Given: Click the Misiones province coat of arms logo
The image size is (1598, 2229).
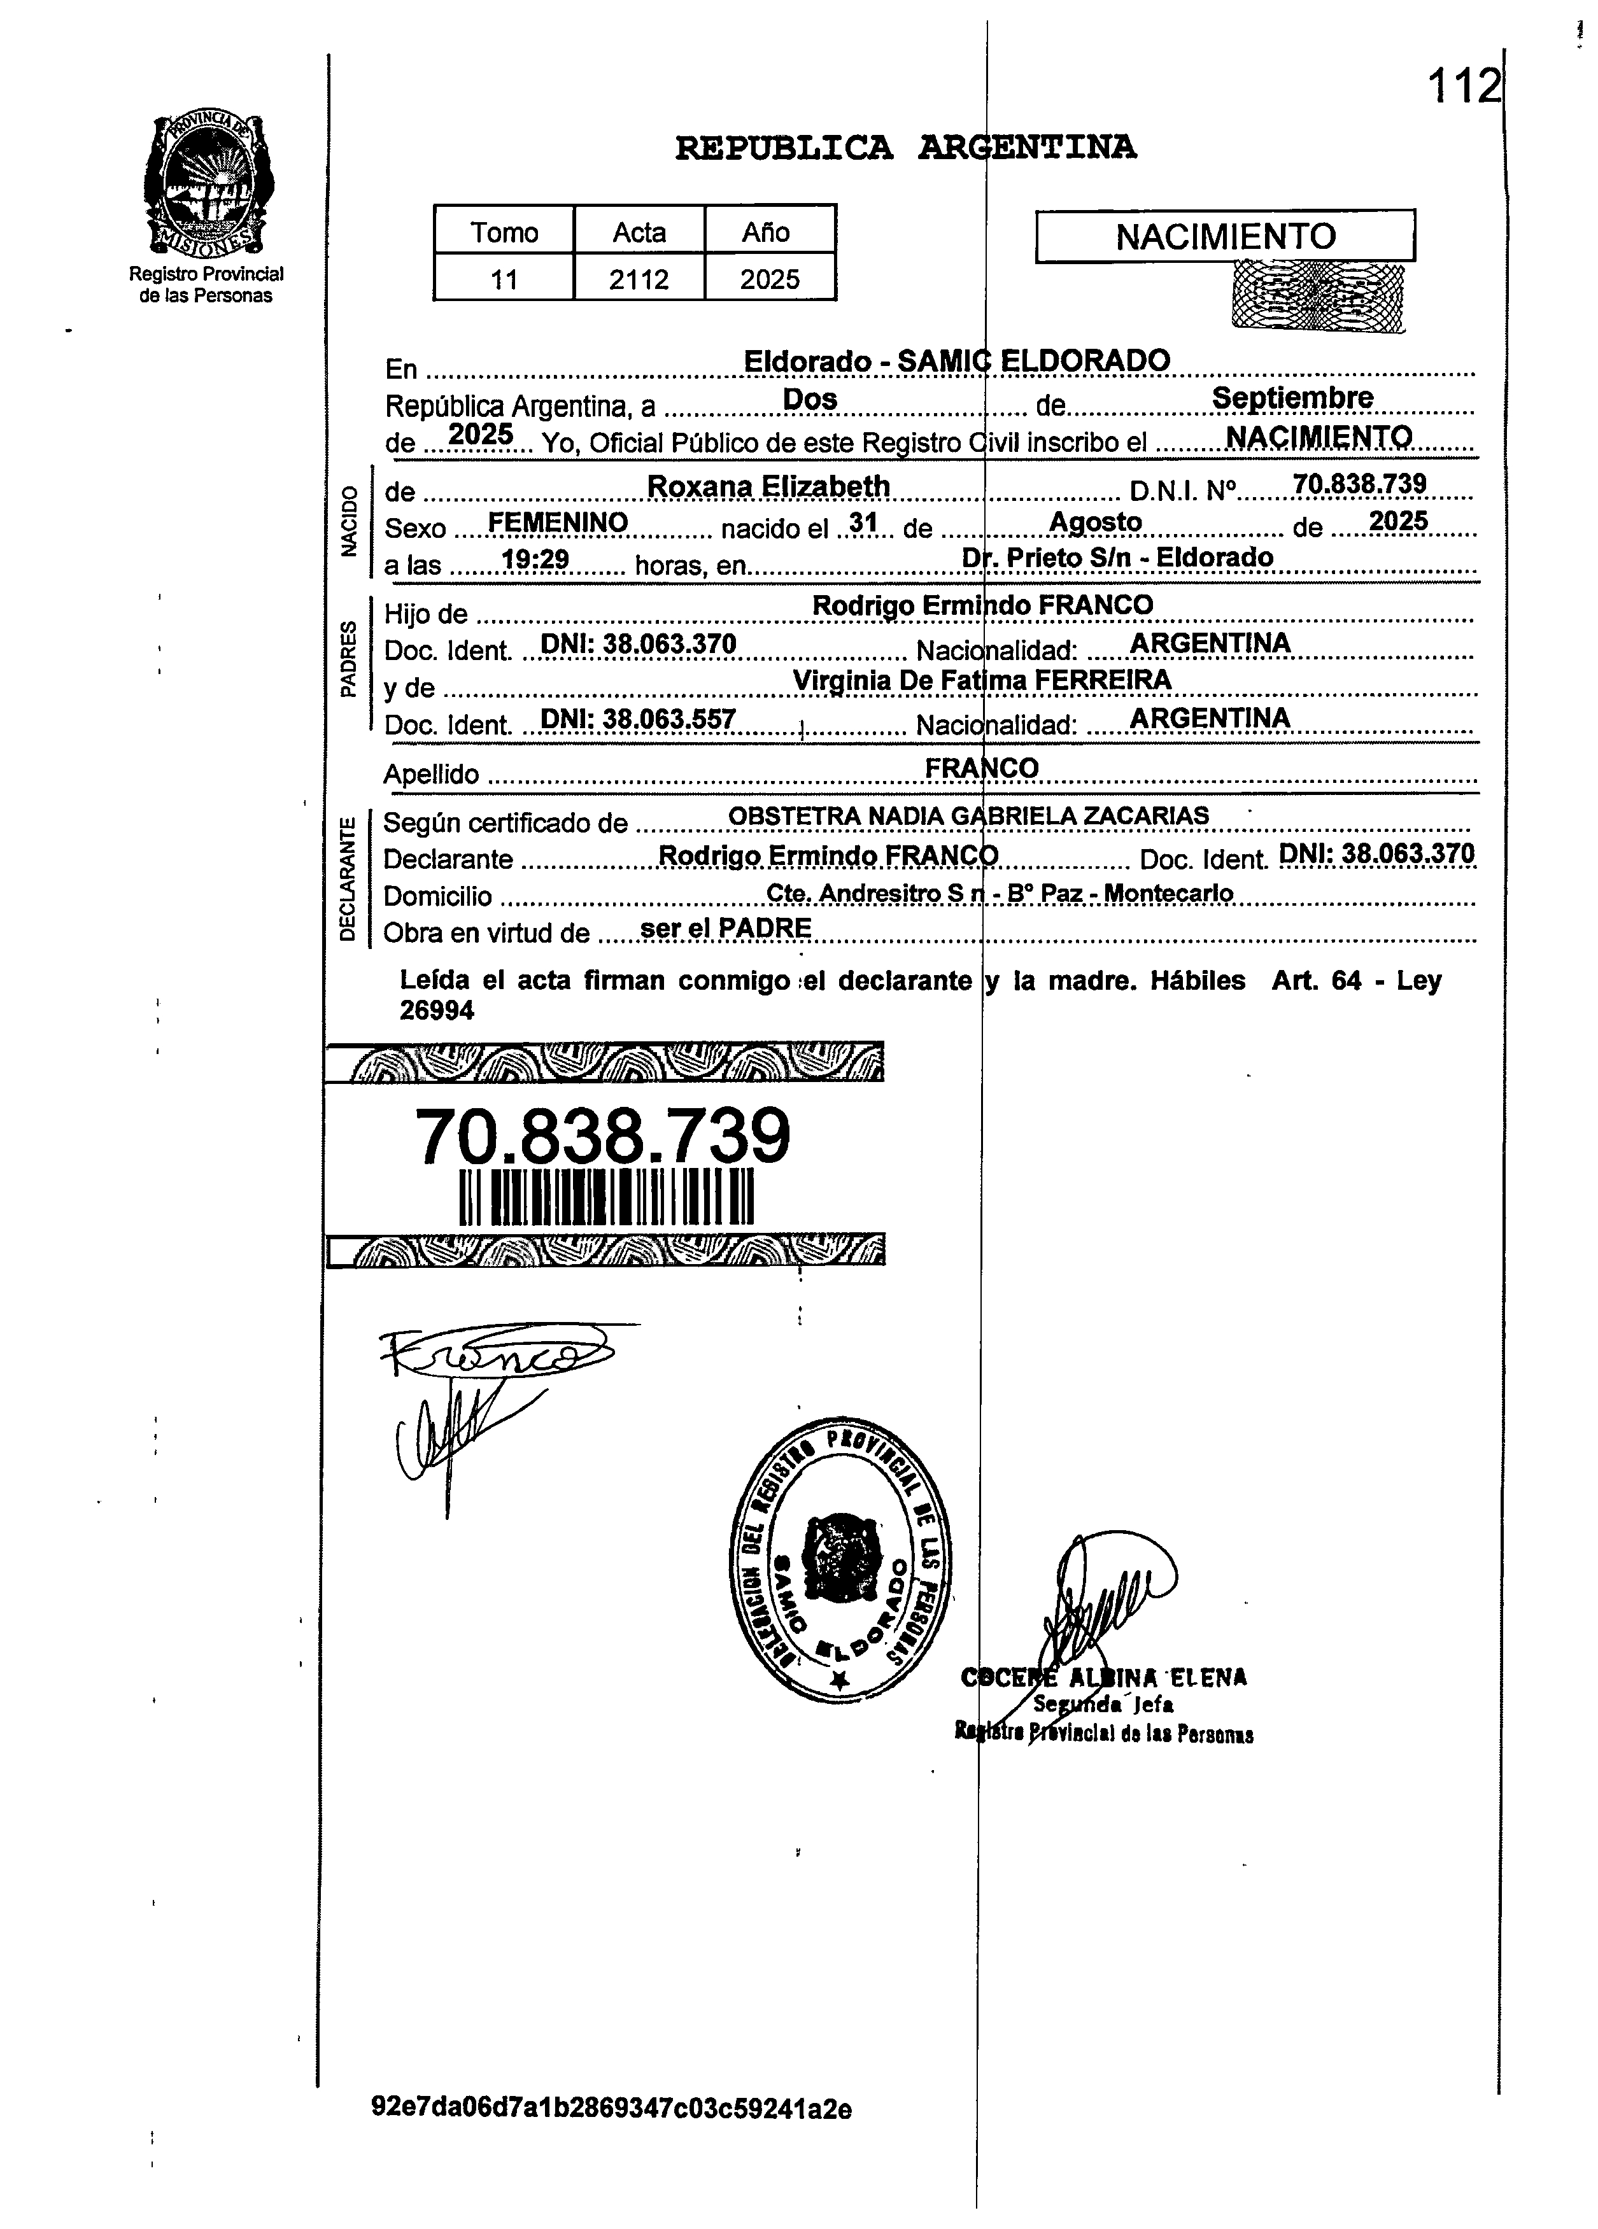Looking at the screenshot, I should point(206,184).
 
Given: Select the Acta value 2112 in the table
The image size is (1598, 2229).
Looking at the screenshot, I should point(639,280).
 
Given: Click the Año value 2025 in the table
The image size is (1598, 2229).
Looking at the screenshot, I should point(770,280).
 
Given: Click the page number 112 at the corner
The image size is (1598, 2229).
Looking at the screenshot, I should point(1464,87).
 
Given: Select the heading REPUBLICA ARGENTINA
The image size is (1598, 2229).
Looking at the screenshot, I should point(905,148).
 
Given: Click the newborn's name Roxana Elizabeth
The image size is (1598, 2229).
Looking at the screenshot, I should point(768,486).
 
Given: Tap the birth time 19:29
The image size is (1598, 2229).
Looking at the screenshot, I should point(535,560).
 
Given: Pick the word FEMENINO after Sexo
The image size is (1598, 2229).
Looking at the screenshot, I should point(557,523).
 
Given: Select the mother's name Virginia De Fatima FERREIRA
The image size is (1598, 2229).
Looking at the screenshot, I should point(981,680).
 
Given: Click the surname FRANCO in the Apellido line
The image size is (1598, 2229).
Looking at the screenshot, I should point(981,768).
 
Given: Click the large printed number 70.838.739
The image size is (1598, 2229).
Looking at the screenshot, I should point(602,1136).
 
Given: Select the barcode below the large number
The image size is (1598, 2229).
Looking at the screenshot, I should point(605,1197).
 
